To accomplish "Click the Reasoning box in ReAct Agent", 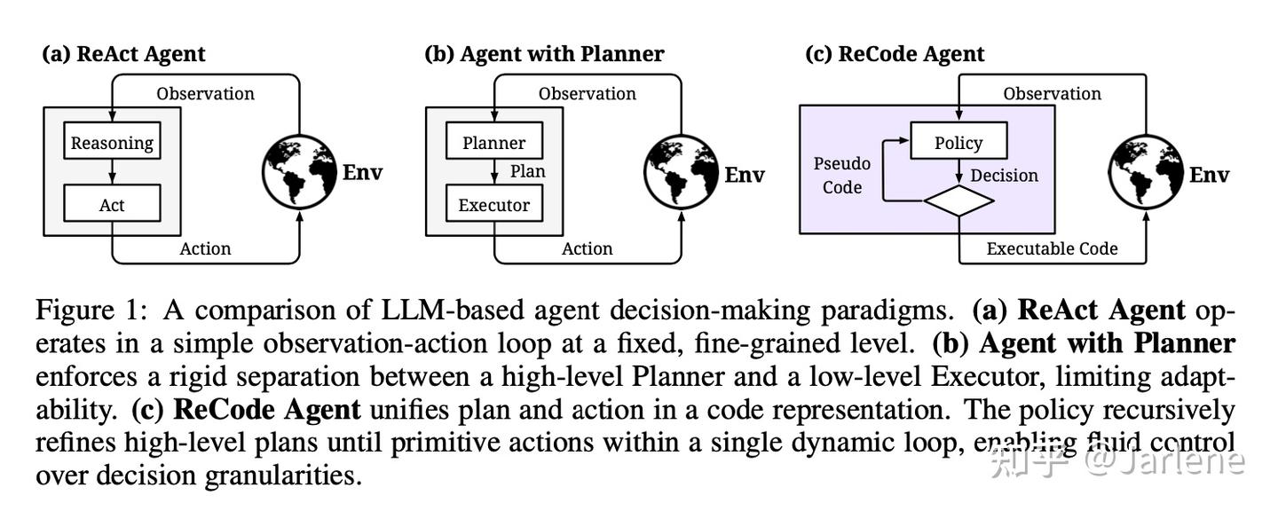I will tap(112, 142).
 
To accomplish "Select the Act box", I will tap(112, 204).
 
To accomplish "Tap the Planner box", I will tap(493, 142).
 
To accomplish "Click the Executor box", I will tap(493, 204).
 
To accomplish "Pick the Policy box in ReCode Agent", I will tap(958, 142).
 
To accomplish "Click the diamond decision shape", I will tap(958, 200).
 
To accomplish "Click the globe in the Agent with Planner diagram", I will tap(682, 173).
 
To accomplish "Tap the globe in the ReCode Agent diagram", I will tap(1147, 173).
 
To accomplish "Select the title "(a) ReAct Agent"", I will tap(123, 54).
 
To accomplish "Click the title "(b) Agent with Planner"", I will tap(544, 54).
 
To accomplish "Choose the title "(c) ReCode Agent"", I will tap(895, 54).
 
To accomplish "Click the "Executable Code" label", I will tap(1052, 249).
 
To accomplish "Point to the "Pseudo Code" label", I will tap(841, 176).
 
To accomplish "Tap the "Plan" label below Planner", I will tap(527, 171).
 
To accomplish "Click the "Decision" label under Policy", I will tap(1004, 175).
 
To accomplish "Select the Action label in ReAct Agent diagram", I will tap(205, 249).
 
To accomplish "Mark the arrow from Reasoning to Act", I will tap(112, 172).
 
